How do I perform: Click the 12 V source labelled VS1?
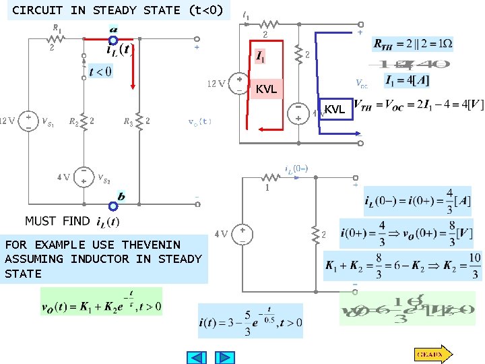coord(28,121)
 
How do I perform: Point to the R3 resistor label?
coord(127,122)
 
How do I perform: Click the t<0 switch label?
coord(100,71)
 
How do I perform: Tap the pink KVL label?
coord(266,89)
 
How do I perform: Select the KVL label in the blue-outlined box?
coord(335,109)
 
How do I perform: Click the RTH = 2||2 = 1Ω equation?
coord(413,44)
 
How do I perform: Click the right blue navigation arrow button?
coord(225,357)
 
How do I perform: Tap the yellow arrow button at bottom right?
coord(432,353)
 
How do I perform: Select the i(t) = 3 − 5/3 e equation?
coord(251,321)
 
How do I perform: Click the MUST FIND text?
coord(57,221)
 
